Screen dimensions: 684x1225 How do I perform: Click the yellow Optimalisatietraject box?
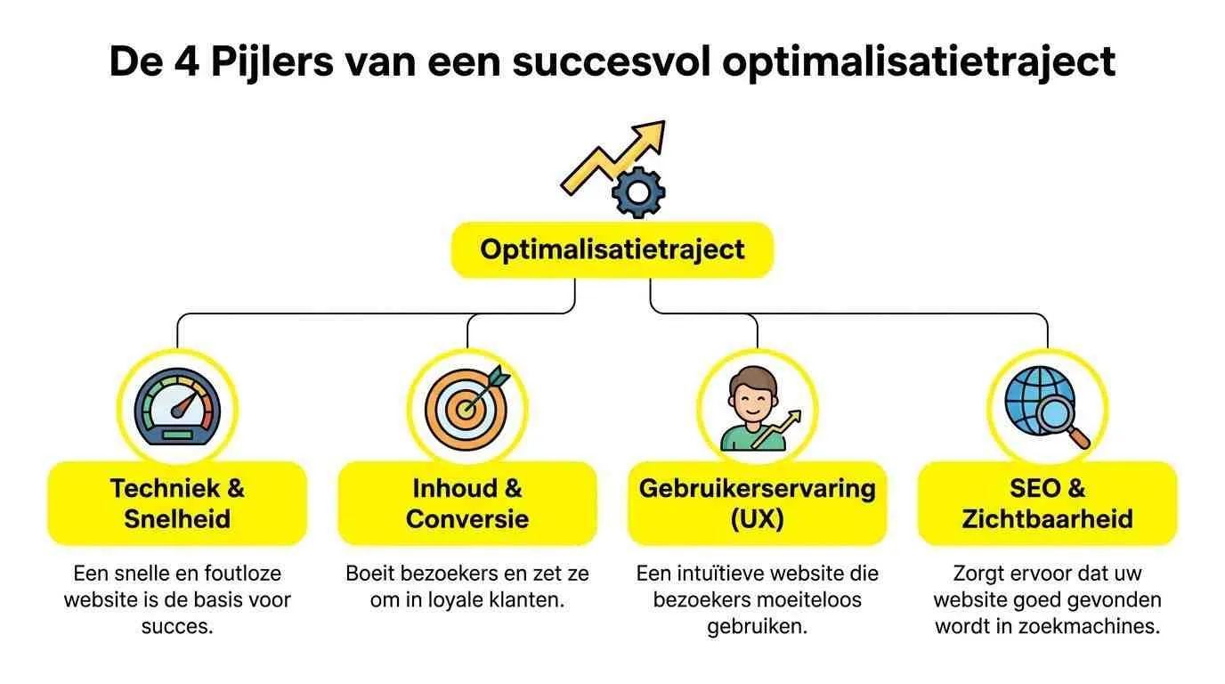point(612,248)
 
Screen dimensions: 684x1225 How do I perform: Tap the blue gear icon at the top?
point(639,192)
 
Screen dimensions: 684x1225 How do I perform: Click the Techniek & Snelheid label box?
point(177,503)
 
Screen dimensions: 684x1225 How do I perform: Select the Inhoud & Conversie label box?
point(467,503)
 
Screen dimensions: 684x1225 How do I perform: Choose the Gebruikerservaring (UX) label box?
point(758,503)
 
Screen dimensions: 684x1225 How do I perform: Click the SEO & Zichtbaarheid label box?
point(1047,503)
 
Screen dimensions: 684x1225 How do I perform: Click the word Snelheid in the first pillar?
point(177,518)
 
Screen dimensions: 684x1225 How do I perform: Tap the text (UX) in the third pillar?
point(758,518)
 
